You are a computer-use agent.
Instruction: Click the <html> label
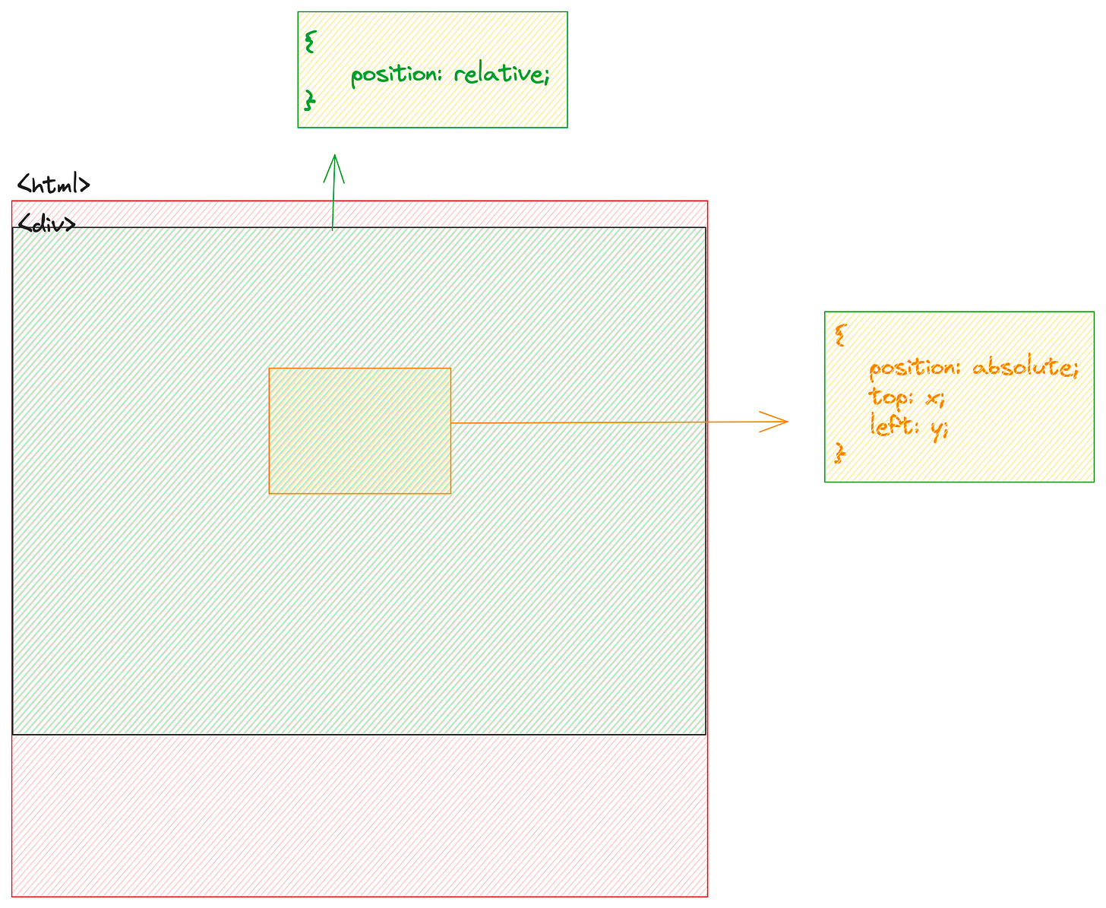pos(54,185)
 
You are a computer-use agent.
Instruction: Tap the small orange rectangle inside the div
pos(359,431)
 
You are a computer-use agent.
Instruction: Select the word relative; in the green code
pos(501,74)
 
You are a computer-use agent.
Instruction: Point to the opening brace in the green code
pos(308,42)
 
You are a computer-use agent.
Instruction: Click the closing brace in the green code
pos(308,100)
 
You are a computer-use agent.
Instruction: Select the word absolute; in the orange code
pos(1025,368)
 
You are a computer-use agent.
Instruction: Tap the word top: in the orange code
pos(891,397)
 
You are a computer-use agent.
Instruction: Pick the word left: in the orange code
pos(894,426)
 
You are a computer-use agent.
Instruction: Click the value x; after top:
pos(934,398)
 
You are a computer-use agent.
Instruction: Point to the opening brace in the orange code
pos(839,335)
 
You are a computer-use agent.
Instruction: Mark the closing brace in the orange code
pos(839,454)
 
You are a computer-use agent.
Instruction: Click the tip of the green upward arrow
pos(334,156)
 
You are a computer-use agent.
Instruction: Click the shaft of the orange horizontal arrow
pos(608,422)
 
